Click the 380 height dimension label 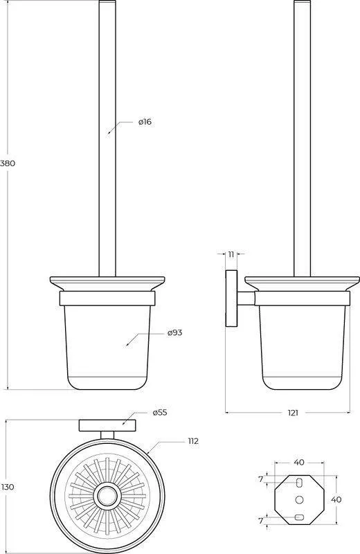8,163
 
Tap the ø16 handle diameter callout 145,122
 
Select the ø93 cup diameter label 175,332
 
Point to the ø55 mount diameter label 160,412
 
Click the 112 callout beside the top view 193,441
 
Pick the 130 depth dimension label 8,487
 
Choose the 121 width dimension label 293,412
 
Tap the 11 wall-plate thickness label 231,254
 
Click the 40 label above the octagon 299,462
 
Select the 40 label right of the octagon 336,499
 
